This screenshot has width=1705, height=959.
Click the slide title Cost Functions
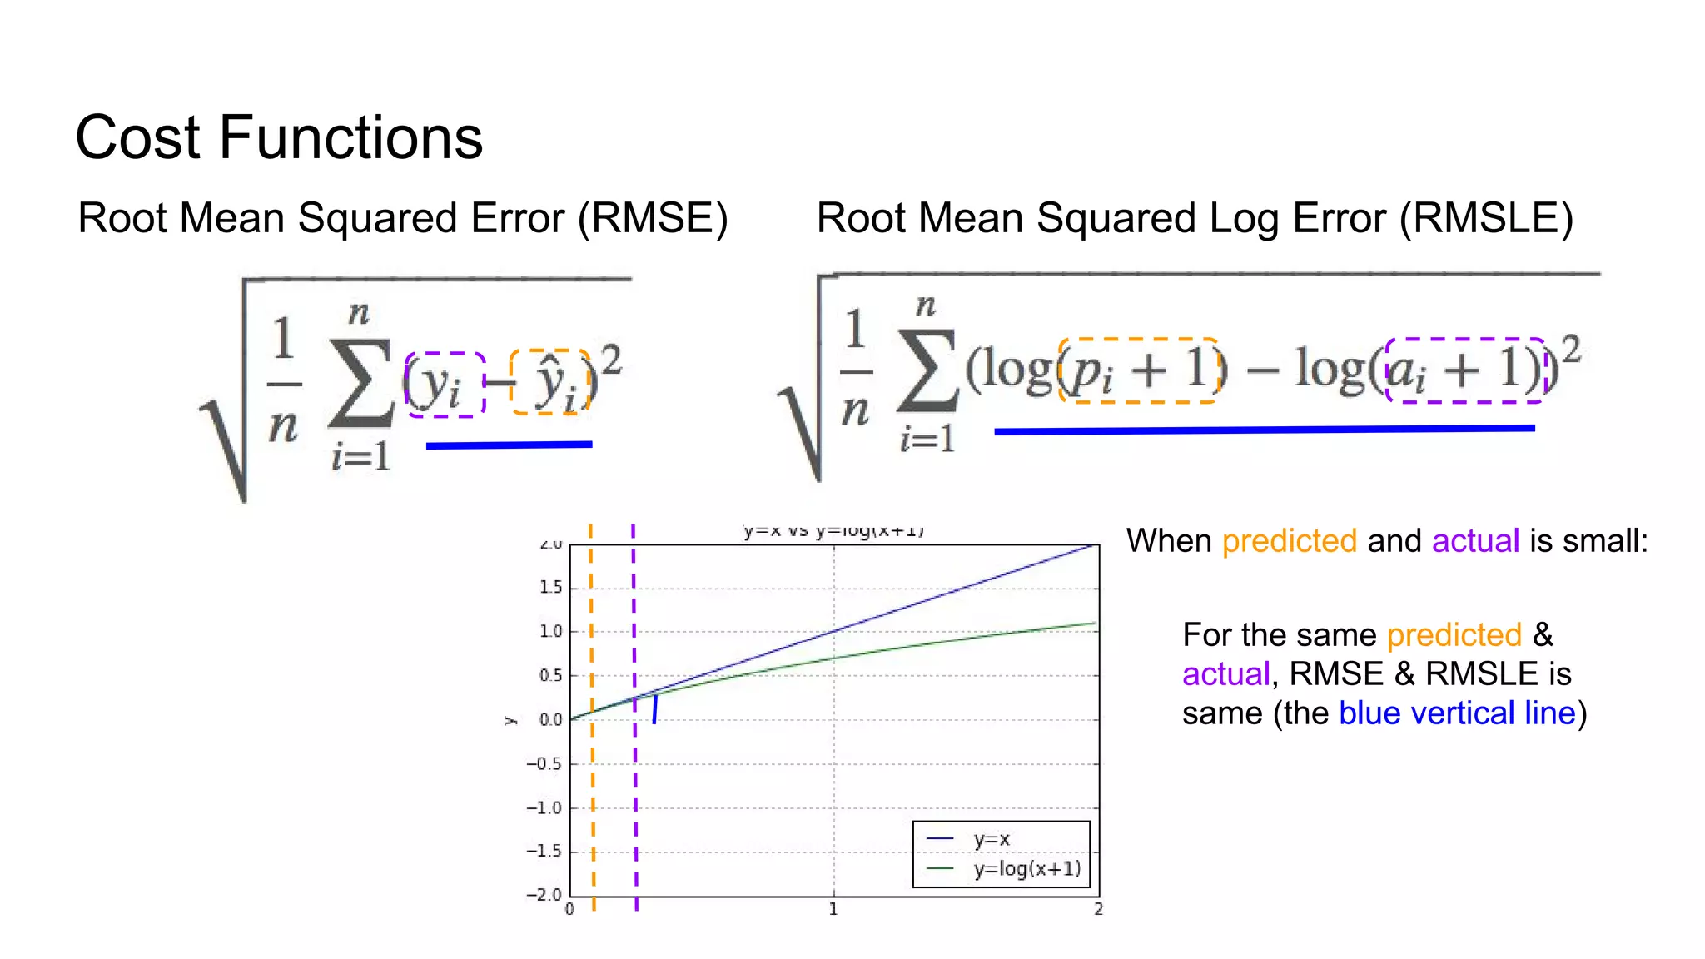(279, 137)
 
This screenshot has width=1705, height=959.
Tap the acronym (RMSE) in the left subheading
(653, 218)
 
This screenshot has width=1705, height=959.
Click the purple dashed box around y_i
(445, 384)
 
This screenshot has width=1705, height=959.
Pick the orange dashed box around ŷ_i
(550, 382)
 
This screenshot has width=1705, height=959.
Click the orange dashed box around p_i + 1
(1139, 370)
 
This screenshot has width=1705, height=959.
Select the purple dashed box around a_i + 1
(1465, 370)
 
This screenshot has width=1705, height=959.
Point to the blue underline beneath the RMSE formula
(509, 445)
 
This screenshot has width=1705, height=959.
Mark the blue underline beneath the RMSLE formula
(1264, 430)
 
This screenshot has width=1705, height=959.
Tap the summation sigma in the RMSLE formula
(927, 372)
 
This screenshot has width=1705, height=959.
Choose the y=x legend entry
(991, 839)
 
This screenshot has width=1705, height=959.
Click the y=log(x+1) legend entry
(1026, 869)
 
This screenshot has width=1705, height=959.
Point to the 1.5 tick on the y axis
(551, 588)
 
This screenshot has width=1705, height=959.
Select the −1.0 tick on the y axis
(544, 808)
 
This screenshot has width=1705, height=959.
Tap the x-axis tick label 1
(833, 910)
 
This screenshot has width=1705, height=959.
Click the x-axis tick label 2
(1098, 910)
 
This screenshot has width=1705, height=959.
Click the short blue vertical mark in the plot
(655, 708)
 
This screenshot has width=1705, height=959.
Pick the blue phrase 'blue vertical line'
(1457, 713)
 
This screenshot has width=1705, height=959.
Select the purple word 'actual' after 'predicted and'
(1475, 541)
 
